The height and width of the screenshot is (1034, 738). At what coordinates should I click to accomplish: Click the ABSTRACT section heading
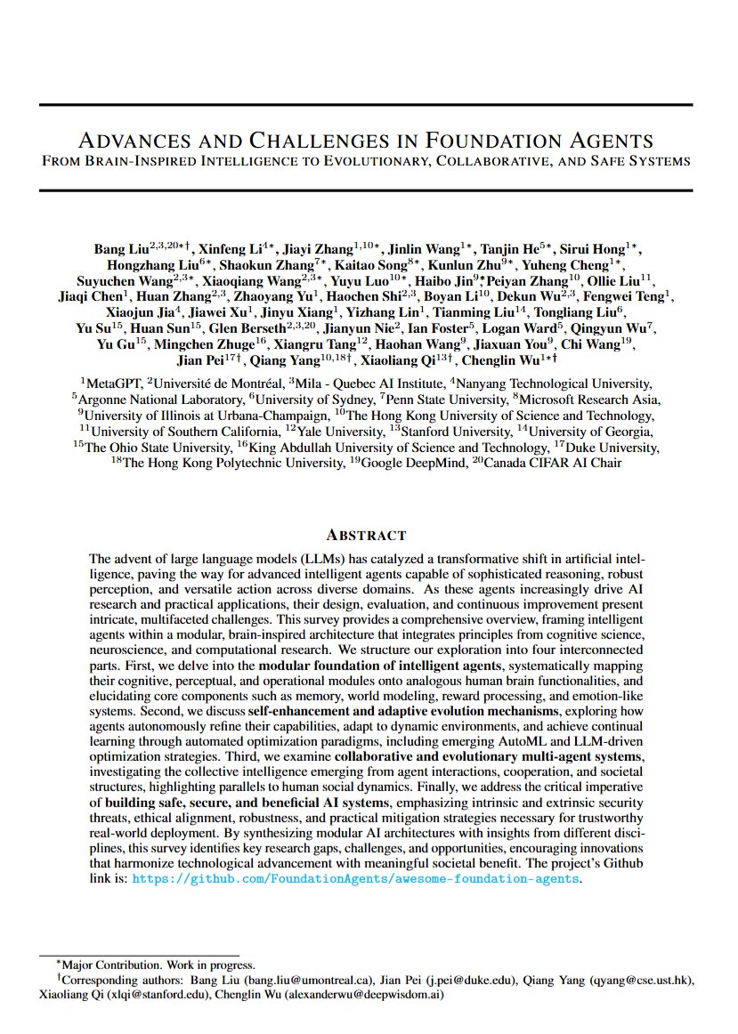366,535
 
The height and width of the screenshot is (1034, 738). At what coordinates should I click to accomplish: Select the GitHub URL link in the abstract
356,878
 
